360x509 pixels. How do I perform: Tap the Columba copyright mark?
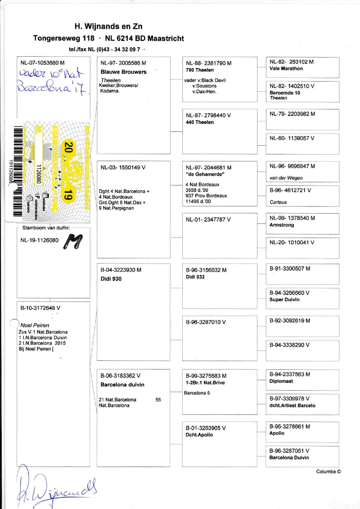pos(328,472)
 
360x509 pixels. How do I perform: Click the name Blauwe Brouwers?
pos(124,72)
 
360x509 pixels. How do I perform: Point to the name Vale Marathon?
pos(286,69)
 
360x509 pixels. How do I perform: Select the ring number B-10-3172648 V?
pos(40,309)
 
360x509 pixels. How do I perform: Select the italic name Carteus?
pos(279,202)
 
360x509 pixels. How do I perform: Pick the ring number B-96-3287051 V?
pos(289,450)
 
